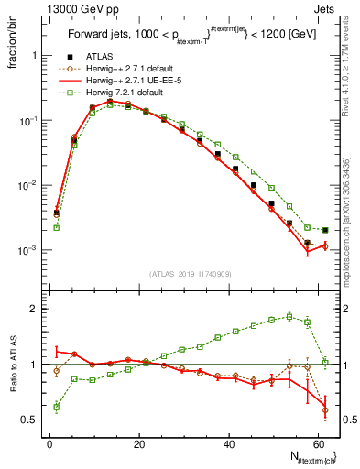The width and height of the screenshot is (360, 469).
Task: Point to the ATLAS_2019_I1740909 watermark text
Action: click(x=190, y=273)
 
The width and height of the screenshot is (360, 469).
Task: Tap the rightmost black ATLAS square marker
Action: click(x=325, y=230)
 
